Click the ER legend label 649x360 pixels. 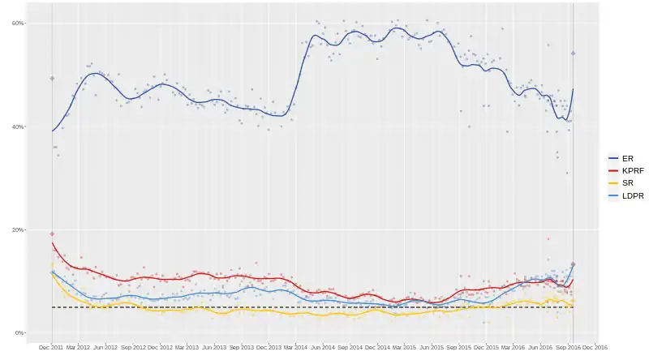pyautogui.click(x=627, y=158)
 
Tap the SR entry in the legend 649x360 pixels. pyautogui.click(x=627, y=183)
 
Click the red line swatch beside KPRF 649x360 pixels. pyautogui.click(x=614, y=171)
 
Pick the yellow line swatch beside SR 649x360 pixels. pyautogui.click(x=614, y=183)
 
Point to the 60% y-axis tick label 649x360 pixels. pyautogui.click(x=16, y=24)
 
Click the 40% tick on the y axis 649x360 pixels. pyautogui.click(x=16, y=126)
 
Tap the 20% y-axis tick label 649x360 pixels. pyautogui.click(x=16, y=229)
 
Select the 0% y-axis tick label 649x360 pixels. pyautogui.click(x=18, y=332)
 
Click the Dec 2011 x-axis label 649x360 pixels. pyautogui.click(x=50, y=347)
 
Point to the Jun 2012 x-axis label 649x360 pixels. pyautogui.click(x=105, y=347)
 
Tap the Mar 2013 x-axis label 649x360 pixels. pyautogui.click(x=187, y=347)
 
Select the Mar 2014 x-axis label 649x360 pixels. pyautogui.click(x=295, y=347)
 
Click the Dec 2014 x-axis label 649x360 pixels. pyautogui.click(x=377, y=347)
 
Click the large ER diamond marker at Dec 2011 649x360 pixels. pyautogui.click(x=52, y=79)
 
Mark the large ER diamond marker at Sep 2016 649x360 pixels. pyautogui.click(x=573, y=54)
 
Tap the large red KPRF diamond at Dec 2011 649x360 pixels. pyautogui.click(x=52, y=234)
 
